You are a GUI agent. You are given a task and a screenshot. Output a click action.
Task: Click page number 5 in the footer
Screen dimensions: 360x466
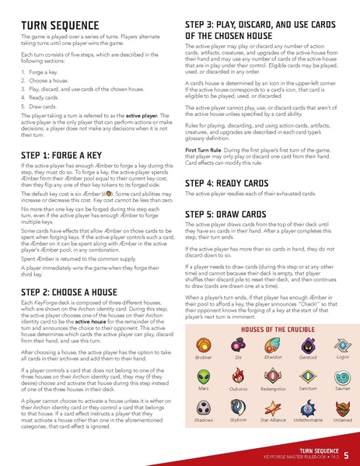click(346, 450)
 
